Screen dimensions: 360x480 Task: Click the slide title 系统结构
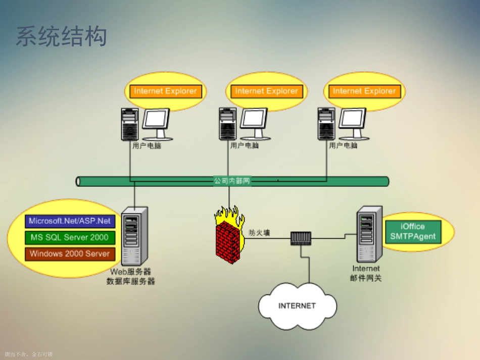click(61, 36)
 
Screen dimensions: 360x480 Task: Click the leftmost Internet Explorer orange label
click(165, 91)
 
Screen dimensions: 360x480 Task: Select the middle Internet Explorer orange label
click(266, 91)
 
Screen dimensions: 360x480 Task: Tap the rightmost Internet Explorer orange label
click(364, 91)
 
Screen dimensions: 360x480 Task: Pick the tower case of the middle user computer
click(228, 124)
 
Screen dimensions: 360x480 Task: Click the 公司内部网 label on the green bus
click(232, 181)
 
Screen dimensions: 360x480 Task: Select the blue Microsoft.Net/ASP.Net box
click(70, 221)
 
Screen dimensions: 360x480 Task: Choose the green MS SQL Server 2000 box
click(70, 237)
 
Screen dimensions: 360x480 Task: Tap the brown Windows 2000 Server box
click(70, 254)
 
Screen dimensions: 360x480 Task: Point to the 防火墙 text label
click(260, 233)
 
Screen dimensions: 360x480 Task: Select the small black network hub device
click(301, 238)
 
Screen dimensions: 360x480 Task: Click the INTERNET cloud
click(297, 306)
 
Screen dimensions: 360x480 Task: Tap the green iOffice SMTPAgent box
click(412, 232)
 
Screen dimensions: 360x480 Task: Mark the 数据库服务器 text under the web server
click(130, 281)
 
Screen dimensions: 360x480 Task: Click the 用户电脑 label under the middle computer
click(244, 145)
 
